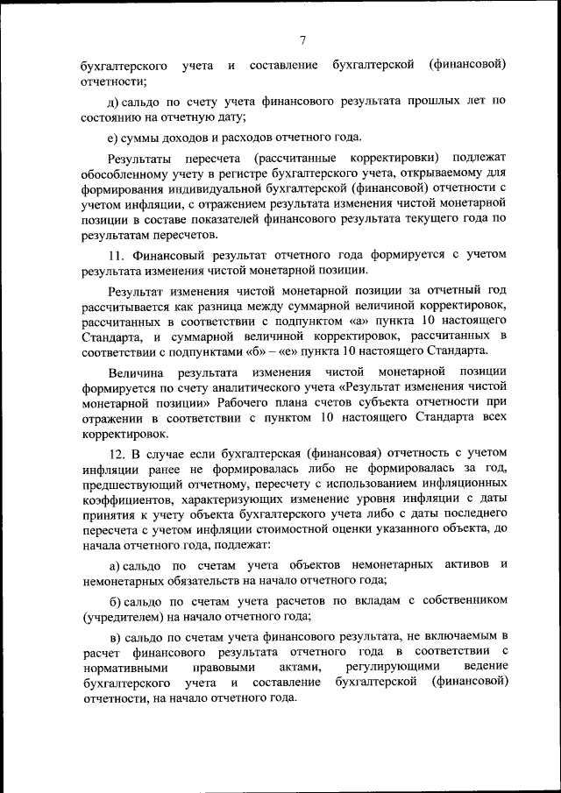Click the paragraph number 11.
[x=117, y=255]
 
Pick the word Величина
[x=136, y=372]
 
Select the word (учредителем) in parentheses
[x=118, y=615]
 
